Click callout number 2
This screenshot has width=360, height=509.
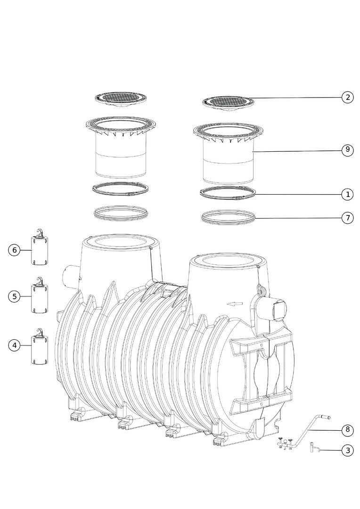click(x=347, y=97)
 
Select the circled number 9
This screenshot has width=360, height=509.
click(x=347, y=150)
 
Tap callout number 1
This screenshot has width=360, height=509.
click(x=347, y=195)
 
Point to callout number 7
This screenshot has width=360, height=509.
click(x=347, y=218)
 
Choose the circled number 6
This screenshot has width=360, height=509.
click(x=14, y=250)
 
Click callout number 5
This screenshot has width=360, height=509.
click(x=14, y=296)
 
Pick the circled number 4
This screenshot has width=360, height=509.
click(x=14, y=345)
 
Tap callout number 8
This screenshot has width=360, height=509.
click(x=347, y=430)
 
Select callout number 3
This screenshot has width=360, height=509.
click(x=347, y=450)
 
